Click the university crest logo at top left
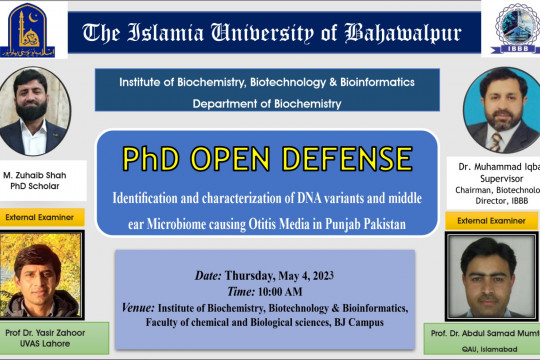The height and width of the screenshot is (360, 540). click(32, 30)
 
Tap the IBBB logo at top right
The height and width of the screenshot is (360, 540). click(506, 30)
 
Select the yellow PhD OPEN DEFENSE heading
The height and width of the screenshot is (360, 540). click(267, 159)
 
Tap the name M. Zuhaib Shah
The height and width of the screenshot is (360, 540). click(41, 174)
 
